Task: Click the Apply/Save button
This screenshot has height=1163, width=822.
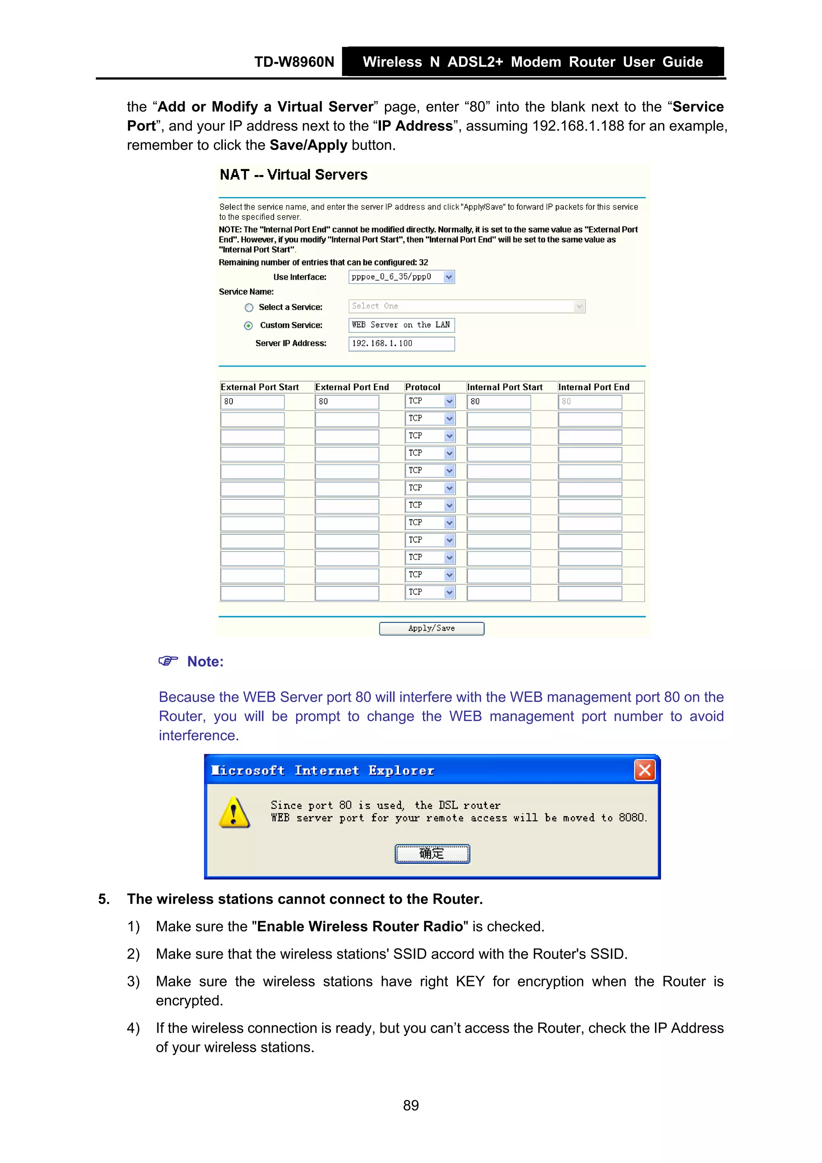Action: [431, 628]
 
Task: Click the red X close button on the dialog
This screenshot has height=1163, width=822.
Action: [644, 770]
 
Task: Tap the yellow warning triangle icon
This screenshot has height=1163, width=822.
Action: [234, 813]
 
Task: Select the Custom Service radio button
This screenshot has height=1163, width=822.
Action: [248, 326]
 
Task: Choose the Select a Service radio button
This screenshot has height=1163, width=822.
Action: [249, 308]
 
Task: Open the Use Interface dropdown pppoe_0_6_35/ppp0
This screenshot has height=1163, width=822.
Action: [401, 277]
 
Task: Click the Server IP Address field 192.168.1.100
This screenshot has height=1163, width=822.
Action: [401, 343]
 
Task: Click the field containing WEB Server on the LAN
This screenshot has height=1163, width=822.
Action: [401, 325]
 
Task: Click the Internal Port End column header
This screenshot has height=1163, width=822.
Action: [594, 387]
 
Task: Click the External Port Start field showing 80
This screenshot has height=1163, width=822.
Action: [252, 402]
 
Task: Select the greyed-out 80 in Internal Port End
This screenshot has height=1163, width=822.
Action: [590, 402]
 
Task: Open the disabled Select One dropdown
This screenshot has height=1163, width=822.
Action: [466, 306]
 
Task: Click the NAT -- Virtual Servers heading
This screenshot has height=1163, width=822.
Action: [293, 175]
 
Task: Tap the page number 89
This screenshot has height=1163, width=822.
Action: [411, 1105]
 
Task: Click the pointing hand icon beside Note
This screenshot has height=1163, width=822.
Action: [168, 661]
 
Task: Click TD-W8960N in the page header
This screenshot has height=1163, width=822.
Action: [294, 62]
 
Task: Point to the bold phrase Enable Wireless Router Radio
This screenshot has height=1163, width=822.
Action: [360, 927]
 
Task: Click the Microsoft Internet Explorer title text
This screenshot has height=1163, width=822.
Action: [323, 770]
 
